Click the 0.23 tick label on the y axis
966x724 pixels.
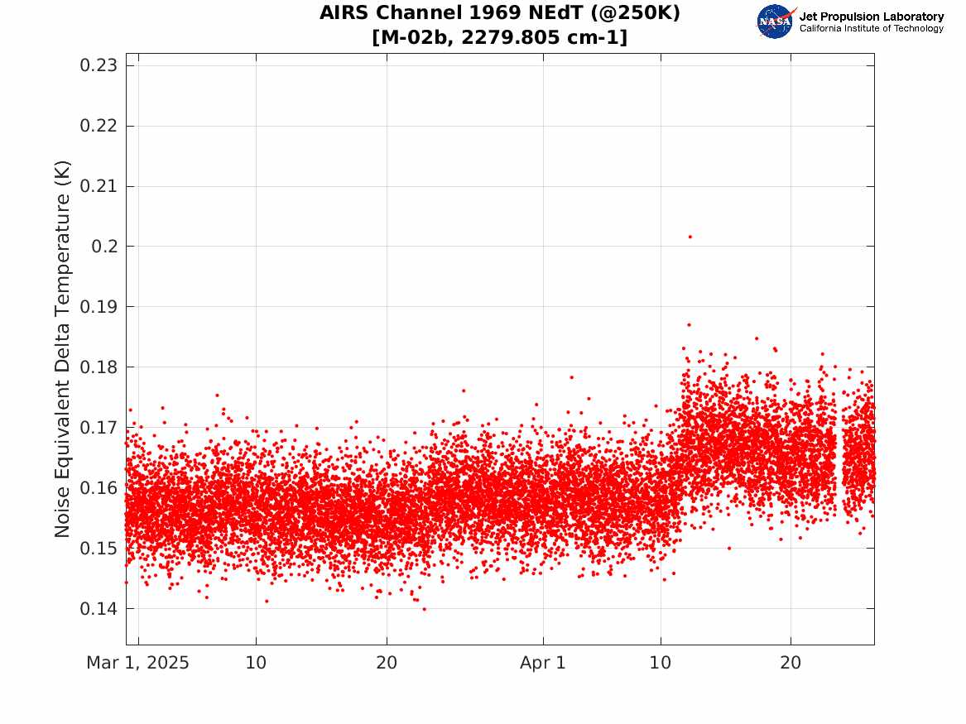coord(99,65)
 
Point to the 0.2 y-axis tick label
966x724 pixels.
coord(104,247)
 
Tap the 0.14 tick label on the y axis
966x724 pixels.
coord(99,608)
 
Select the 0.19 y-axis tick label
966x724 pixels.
coord(99,307)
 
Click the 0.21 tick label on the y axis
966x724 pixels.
coord(99,186)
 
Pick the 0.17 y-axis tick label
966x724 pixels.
coord(99,427)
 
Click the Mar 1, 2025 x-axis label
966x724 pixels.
coord(137,663)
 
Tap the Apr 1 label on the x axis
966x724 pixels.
coord(543,663)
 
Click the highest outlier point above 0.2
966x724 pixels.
coord(690,237)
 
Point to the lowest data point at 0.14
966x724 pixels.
coord(424,609)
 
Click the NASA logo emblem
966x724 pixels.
coord(775,22)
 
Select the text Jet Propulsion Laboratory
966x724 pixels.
coord(872,17)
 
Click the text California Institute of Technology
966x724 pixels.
coord(872,28)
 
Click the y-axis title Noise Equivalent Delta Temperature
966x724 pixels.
coord(62,348)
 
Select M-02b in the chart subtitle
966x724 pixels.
coord(417,37)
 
